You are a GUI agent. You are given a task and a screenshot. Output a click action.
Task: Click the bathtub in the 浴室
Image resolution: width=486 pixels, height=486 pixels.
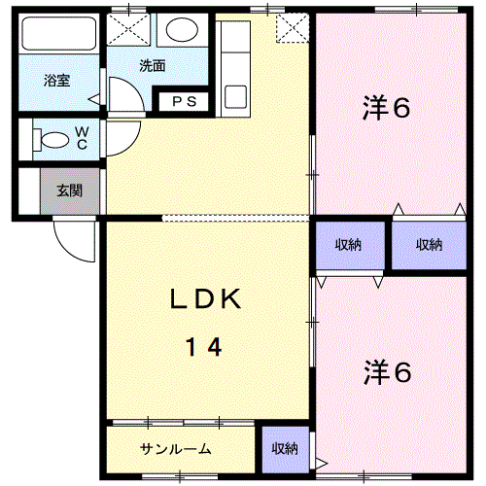58,33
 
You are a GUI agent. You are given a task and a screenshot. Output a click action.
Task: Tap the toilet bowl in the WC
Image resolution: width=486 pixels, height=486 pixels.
55,140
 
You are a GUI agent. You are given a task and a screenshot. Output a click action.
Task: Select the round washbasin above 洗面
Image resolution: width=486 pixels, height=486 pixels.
182,29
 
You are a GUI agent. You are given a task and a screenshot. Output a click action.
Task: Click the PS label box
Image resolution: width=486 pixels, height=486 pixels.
184,102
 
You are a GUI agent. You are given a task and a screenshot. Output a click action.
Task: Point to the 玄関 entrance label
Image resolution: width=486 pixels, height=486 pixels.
69,191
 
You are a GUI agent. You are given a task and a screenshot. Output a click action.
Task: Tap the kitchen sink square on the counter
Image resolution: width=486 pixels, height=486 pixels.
235,96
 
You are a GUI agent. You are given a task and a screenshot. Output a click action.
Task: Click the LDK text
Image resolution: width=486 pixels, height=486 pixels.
205,298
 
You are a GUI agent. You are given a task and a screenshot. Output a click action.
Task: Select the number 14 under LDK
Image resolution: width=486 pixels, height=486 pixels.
203,347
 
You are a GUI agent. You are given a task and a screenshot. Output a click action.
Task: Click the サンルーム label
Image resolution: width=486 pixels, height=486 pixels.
175,449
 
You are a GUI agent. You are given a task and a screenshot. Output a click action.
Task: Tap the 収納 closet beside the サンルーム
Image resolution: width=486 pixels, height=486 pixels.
285,449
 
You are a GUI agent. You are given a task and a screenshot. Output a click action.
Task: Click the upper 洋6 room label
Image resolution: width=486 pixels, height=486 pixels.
386,107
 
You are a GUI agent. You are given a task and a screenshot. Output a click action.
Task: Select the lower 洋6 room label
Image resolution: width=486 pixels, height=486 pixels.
388,372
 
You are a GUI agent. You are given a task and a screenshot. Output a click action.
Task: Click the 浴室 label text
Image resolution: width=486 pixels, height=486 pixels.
57,81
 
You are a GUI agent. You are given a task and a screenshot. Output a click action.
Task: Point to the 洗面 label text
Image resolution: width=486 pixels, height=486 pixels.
153,66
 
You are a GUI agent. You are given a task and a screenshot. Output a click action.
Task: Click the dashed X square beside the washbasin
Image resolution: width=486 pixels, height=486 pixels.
128,29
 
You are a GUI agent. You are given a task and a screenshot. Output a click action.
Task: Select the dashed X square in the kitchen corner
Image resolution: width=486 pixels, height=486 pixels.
293,28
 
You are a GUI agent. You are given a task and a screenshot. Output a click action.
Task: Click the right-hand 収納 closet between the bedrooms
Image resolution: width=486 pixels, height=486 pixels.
429,245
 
